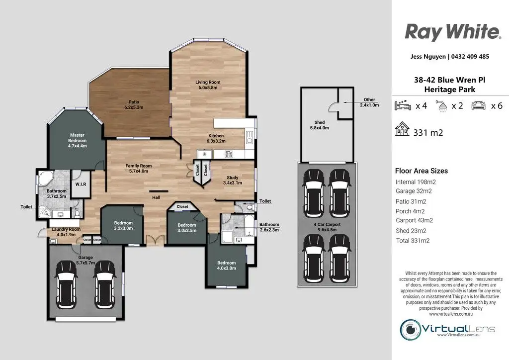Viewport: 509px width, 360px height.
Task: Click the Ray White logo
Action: (x=453, y=32)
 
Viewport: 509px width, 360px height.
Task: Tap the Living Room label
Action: (x=208, y=82)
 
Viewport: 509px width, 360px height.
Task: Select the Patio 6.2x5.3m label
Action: (x=134, y=104)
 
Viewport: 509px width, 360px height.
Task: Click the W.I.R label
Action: (x=81, y=184)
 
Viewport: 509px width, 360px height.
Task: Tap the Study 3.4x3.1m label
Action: (x=233, y=180)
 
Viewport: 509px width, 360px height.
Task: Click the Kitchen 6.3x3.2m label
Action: (x=216, y=138)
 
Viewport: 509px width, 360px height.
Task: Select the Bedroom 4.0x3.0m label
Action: (x=227, y=266)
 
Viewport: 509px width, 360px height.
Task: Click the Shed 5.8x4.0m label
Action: (x=320, y=125)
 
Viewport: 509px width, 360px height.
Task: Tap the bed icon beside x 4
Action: (x=403, y=105)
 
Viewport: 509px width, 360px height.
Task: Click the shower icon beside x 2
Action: (x=441, y=106)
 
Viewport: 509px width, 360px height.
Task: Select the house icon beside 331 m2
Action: (x=402, y=129)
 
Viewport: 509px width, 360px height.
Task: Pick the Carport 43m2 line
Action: (x=414, y=220)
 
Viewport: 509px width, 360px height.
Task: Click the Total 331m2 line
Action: (x=413, y=241)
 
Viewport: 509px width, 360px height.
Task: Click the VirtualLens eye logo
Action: (x=411, y=330)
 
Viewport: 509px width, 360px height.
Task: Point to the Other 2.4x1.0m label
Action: (x=369, y=102)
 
